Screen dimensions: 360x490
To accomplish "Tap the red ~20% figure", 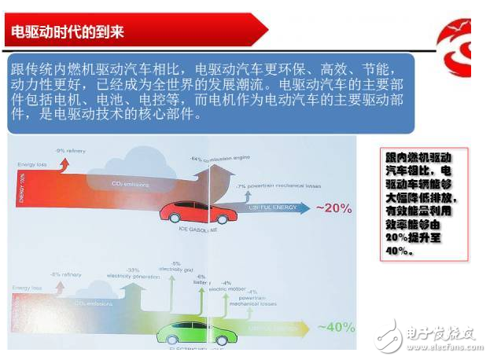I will (x=334, y=208).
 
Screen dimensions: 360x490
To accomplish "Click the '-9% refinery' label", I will (x=70, y=149).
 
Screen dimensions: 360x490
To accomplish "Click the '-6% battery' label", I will (x=201, y=280).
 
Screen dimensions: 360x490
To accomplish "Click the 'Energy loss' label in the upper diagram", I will (x=29, y=164).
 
